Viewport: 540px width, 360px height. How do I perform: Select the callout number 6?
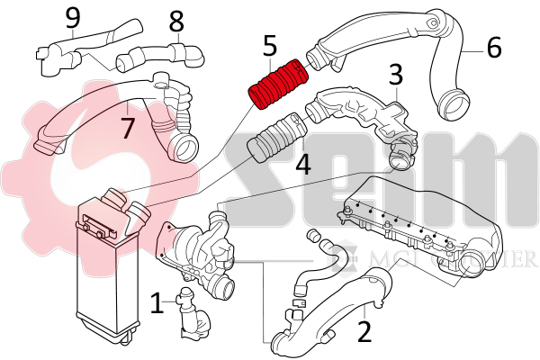click(x=493, y=47)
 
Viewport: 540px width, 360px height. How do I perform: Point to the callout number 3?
click(x=395, y=75)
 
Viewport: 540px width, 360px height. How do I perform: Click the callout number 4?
click(x=303, y=165)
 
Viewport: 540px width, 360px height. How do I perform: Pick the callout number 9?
click(x=73, y=17)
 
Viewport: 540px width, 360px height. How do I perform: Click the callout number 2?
click(x=364, y=331)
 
